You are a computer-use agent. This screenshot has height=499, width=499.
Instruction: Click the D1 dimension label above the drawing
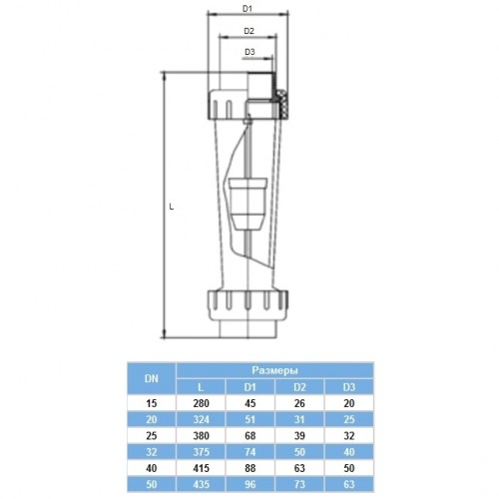tap(248, 9)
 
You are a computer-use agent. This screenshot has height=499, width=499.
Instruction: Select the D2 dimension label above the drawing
tap(249, 31)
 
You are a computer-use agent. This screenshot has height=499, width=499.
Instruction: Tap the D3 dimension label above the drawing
tap(249, 52)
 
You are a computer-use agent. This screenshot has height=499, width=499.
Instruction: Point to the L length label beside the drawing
tap(172, 207)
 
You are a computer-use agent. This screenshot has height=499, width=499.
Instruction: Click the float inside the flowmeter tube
tap(248, 204)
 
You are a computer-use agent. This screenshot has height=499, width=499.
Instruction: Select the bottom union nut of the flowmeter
tap(248, 305)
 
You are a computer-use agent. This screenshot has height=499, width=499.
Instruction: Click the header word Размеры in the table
tap(274, 370)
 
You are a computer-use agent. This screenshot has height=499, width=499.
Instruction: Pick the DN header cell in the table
tap(152, 378)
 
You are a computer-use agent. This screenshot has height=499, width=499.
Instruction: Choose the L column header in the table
tap(201, 387)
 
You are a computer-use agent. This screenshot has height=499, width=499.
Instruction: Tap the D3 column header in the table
tap(349, 387)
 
